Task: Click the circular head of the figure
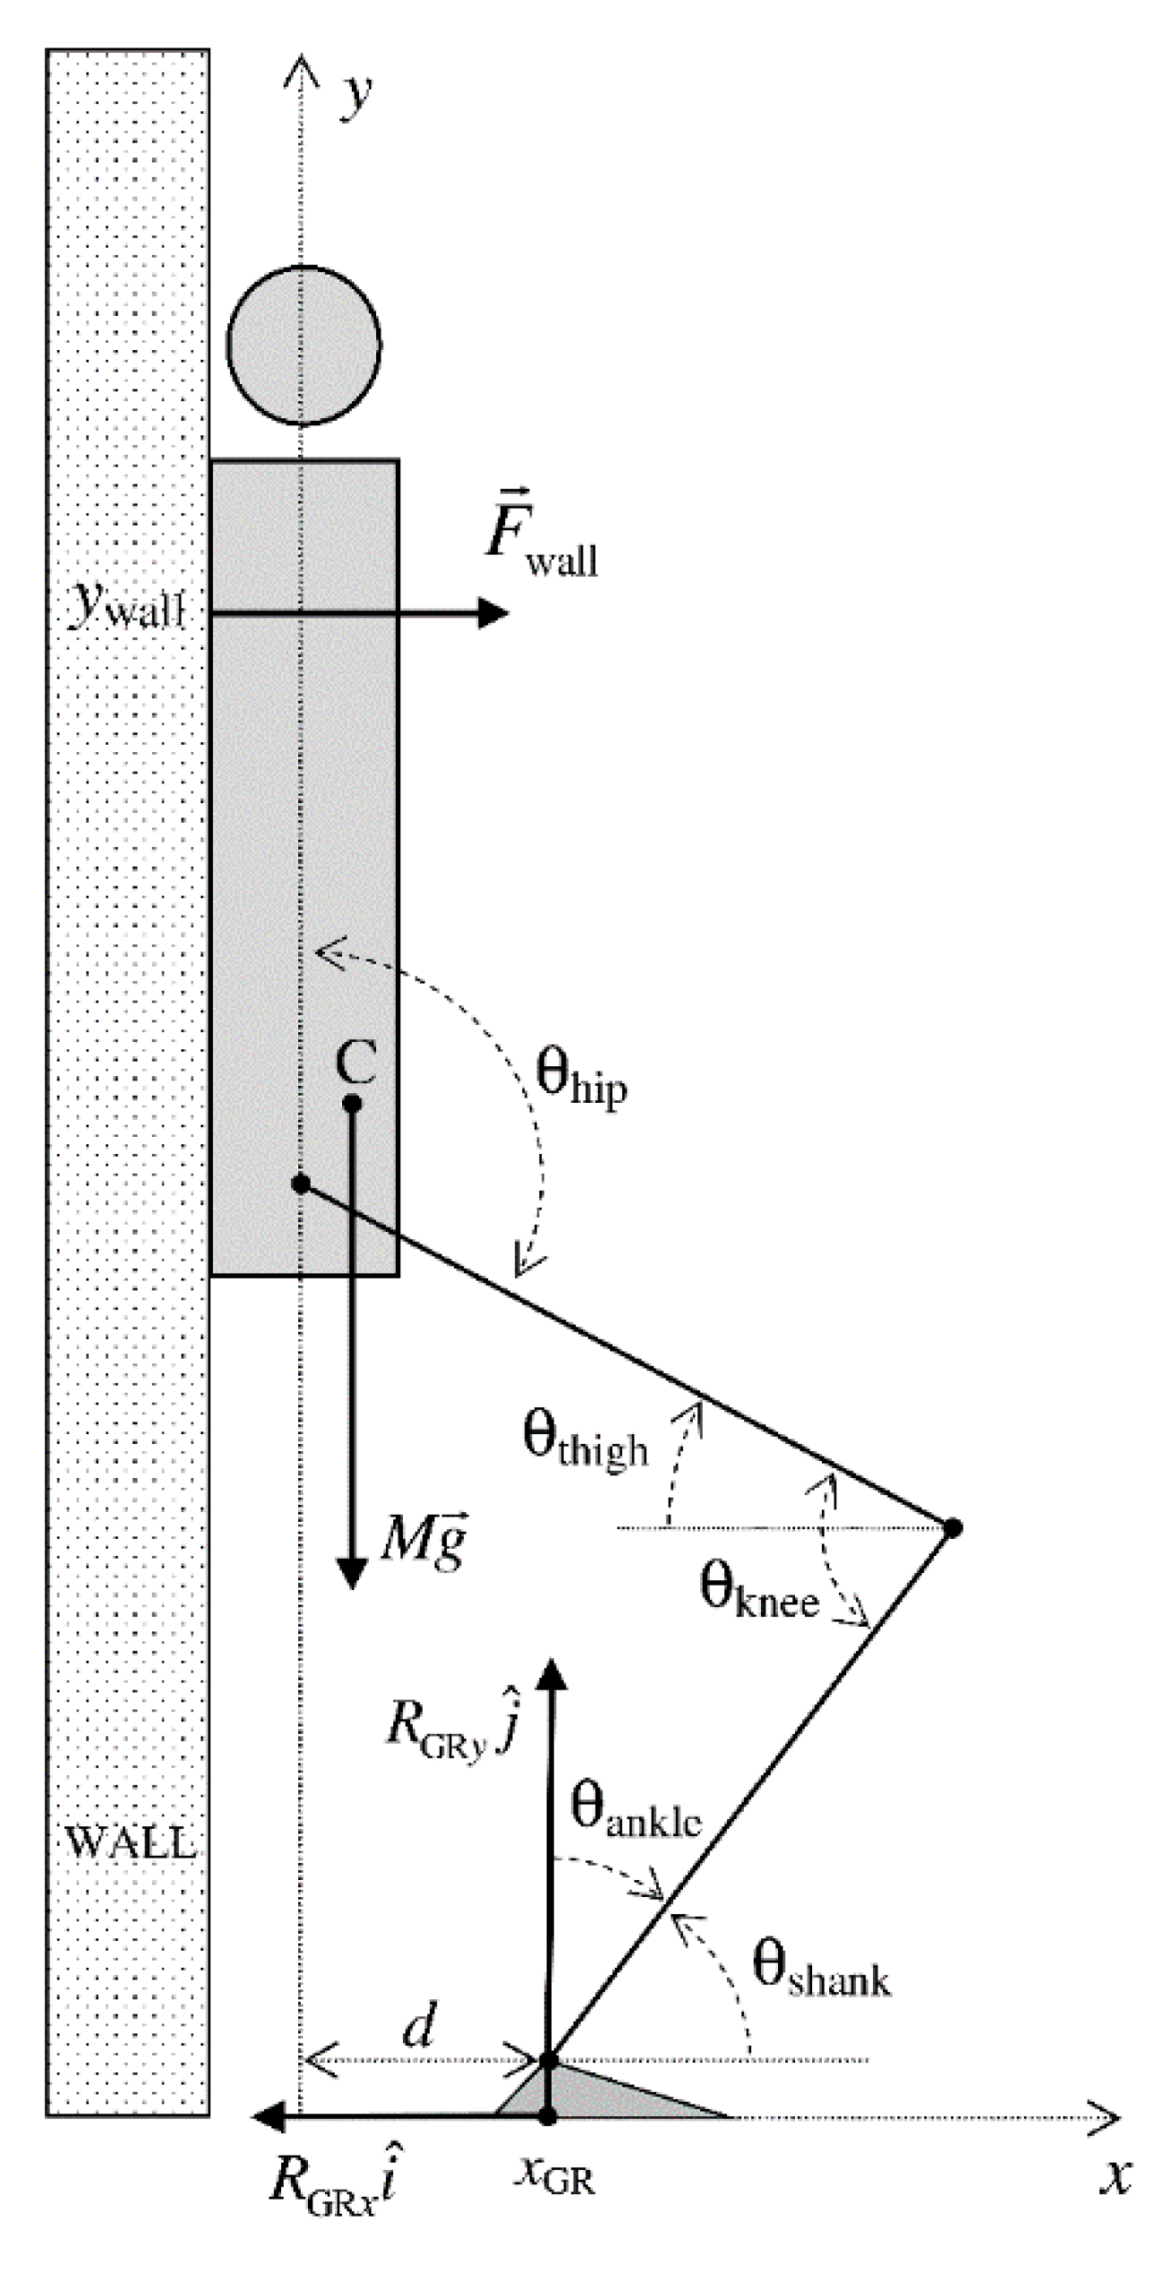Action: [303, 345]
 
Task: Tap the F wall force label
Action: [540, 534]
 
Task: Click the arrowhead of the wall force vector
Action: [493, 613]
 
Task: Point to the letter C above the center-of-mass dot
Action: [355, 1063]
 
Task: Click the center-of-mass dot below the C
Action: [353, 1104]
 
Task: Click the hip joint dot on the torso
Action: [301, 1183]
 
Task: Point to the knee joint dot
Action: [953, 1528]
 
